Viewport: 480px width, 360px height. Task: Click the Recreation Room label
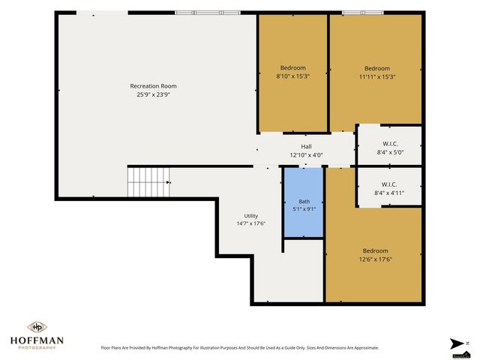[x=153, y=86]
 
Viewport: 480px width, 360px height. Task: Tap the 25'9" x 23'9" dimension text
[x=153, y=94]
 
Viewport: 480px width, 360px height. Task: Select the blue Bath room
[x=304, y=202]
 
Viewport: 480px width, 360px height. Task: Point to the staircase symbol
[x=148, y=181]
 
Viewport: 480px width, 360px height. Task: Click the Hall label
[x=306, y=147]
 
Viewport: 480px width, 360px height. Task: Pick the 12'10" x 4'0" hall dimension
[x=306, y=155]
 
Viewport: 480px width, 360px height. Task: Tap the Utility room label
[x=250, y=216]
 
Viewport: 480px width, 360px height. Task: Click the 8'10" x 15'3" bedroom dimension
[x=293, y=76]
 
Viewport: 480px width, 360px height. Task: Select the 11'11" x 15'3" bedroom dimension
[x=377, y=76]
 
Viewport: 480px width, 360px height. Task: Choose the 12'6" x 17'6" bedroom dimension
[x=375, y=259]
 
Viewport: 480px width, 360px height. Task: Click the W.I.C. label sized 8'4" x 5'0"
[x=390, y=144]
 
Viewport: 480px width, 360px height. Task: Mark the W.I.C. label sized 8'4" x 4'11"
[x=389, y=184]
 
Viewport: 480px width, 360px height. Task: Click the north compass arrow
[x=457, y=343]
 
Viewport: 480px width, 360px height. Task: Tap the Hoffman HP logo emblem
[x=37, y=327]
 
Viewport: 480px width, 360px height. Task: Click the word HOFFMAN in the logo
[x=37, y=340]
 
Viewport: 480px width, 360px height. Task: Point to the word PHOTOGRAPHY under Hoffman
[x=37, y=348]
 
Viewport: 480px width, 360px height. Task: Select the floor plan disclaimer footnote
[x=240, y=348]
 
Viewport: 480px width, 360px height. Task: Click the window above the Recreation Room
[x=208, y=13]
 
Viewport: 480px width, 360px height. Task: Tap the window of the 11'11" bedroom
[x=363, y=13]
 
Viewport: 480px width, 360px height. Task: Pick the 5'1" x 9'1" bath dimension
[x=304, y=209]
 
